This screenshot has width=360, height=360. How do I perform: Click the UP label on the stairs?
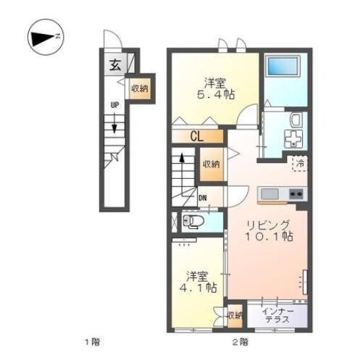pyautogui.click(x=114, y=104)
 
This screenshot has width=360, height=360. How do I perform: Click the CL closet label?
pyautogui.click(x=196, y=135)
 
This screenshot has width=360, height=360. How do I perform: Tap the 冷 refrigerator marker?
pyautogui.click(x=299, y=164)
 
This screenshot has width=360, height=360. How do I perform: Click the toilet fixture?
pyautogui.click(x=192, y=221)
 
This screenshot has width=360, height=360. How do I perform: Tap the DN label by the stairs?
pyautogui.click(x=203, y=198)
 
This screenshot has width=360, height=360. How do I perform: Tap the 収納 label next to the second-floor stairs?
pyautogui.click(x=211, y=165)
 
